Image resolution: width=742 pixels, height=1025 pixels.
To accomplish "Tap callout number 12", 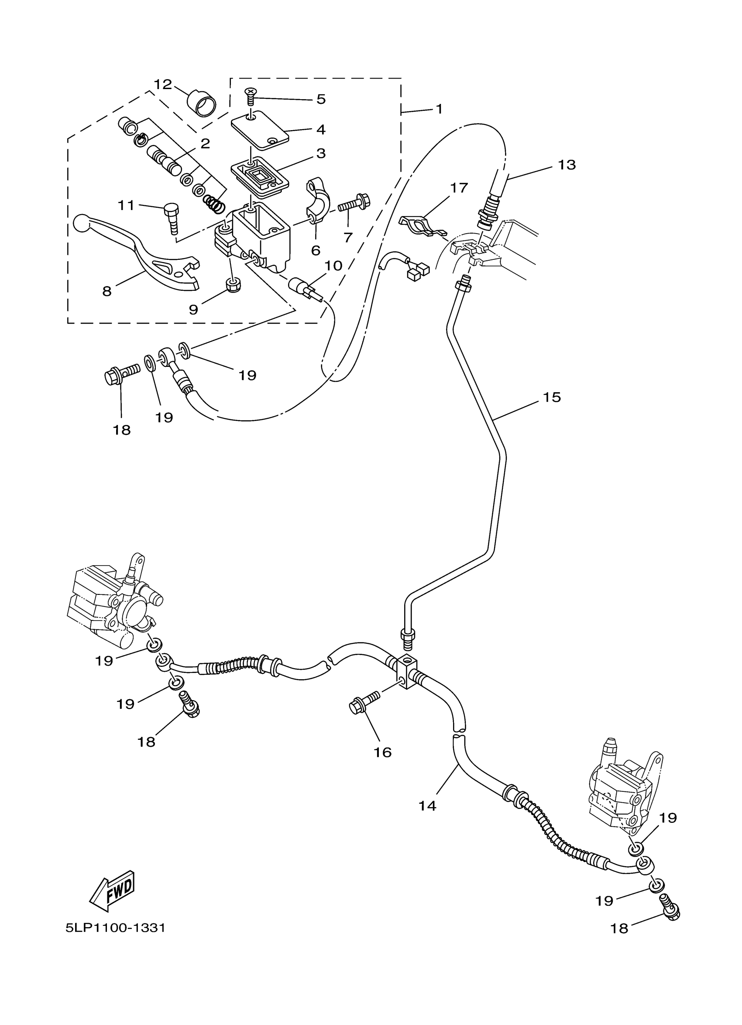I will (x=163, y=85).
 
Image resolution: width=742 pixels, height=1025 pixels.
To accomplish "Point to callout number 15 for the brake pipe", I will (x=551, y=398).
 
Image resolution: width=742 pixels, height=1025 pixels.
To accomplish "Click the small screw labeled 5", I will (x=250, y=96).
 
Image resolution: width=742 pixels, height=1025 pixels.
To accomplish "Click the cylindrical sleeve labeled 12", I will (x=201, y=103).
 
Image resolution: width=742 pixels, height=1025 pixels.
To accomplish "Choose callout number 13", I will (x=567, y=165).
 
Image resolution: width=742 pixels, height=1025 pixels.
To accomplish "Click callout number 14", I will (x=427, y=805).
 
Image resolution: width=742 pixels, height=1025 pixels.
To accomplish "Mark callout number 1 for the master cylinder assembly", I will (x=439, y=109).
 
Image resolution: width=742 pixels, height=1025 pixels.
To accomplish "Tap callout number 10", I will (x=333, y=266).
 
